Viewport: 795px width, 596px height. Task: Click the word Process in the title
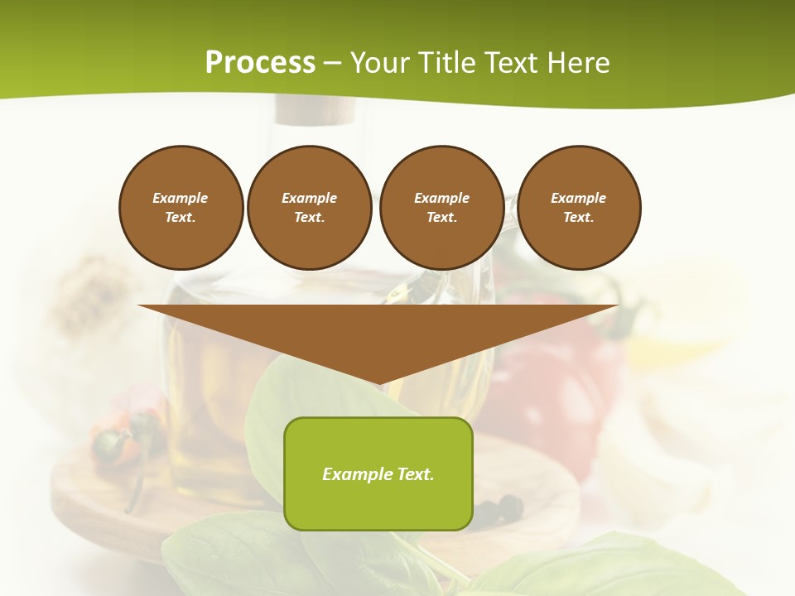[x=260, y=63]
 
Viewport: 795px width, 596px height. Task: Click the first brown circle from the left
[x=181, y=208]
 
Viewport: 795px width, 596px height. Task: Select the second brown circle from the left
[x=309, y=208]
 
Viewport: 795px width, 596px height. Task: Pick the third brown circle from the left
[x=441, y=208]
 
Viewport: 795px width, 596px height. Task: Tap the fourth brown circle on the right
[x=578, y=208]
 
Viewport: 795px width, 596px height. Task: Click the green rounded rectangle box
[x=378, y=473]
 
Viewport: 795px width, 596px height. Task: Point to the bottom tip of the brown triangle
[x=378, y=383]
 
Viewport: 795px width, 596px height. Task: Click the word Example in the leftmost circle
[x=181, y=198]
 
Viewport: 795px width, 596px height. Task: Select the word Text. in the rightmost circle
[x=578, y=218]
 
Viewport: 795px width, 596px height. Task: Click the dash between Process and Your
[x=332, y=63]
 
